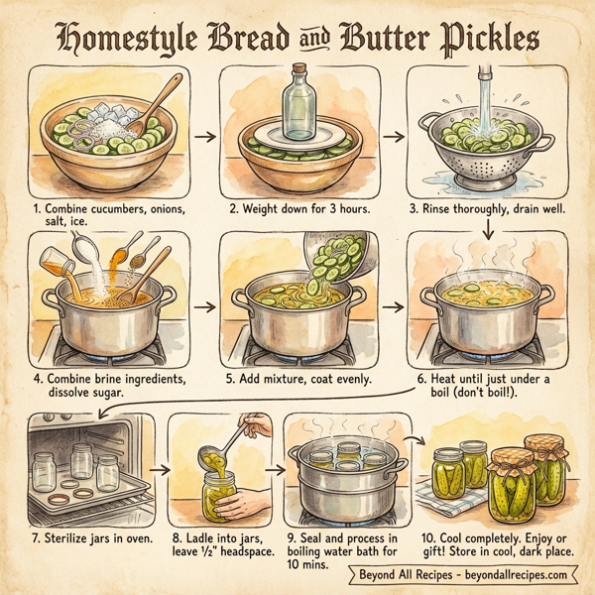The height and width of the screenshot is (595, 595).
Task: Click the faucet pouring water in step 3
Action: (486, 81)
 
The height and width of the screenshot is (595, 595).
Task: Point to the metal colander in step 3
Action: (486, 149)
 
